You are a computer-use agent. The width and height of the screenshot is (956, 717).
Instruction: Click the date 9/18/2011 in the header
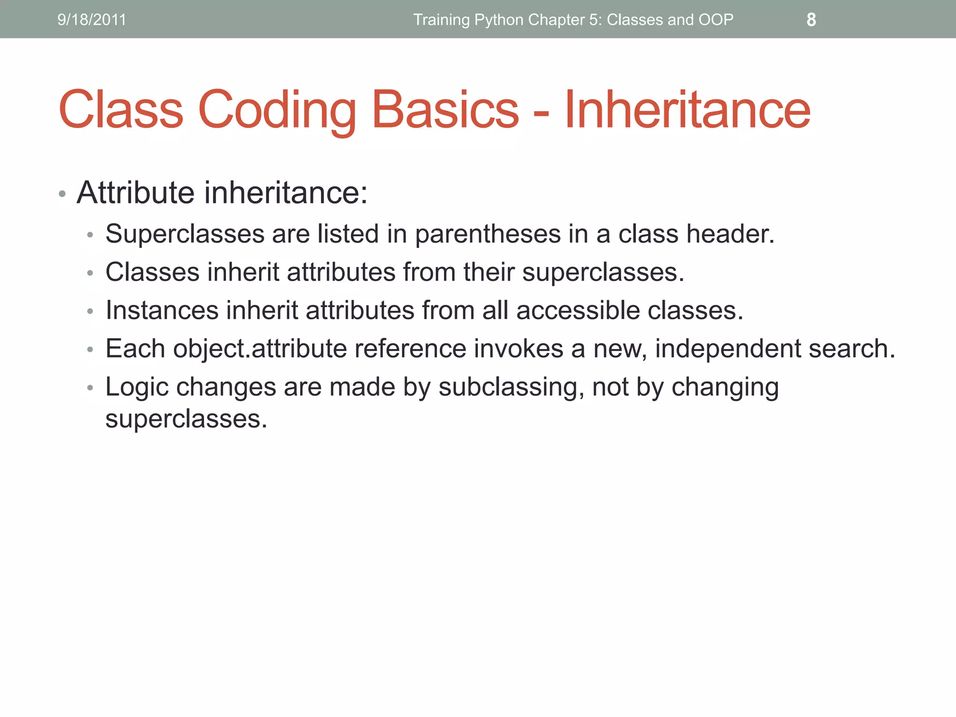[91, 20]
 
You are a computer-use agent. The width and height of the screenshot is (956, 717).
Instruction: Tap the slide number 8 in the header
[811, 20]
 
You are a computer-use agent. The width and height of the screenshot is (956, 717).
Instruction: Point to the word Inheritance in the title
[687, 110]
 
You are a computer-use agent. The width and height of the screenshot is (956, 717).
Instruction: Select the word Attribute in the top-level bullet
[135, 192]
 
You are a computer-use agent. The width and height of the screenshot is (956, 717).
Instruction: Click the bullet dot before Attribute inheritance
[62, 193]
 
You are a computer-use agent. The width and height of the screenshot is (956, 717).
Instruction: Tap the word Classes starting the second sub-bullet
[152, 272]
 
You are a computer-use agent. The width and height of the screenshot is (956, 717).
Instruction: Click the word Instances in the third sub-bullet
[162, 310]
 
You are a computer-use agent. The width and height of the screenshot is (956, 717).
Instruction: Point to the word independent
[728, 349]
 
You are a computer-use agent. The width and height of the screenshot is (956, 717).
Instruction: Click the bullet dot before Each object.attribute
[91, 350]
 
